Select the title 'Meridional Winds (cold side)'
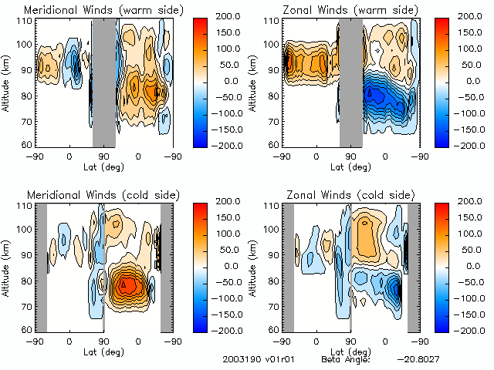[x=93, y=195]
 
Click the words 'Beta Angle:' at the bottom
[x=346, y=359]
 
